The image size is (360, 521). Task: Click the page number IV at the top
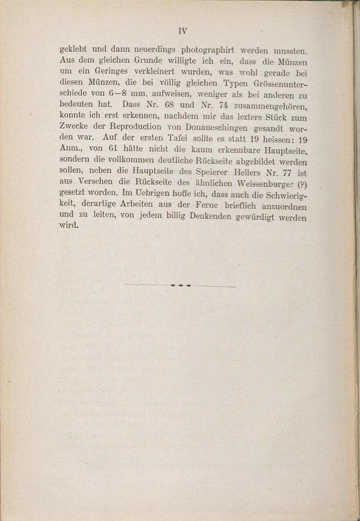[183, 31]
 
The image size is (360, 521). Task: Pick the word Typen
[235, 84]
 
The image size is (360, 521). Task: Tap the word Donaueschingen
[216, 128]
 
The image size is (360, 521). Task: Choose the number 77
[287, 173]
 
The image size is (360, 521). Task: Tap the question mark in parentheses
[302, 185]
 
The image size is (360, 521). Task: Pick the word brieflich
[240, 206]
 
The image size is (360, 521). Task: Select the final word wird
[68, 226]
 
